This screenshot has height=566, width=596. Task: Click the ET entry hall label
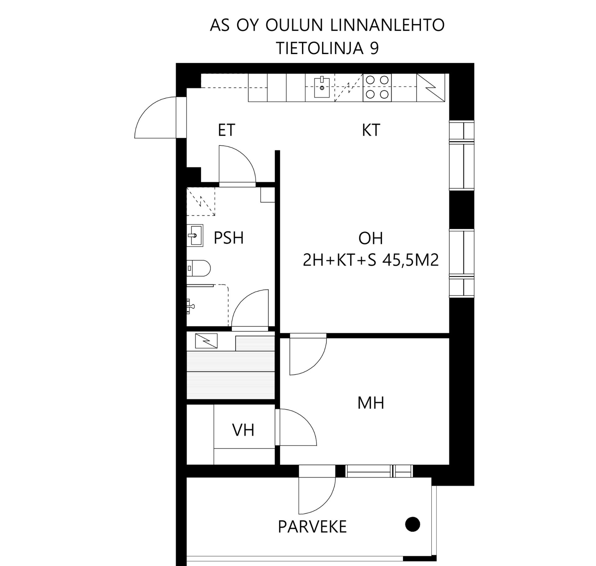226,130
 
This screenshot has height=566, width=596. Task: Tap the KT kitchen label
371,130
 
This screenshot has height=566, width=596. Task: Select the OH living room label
371,238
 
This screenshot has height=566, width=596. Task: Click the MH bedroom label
371,403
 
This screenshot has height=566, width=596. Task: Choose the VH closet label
243,430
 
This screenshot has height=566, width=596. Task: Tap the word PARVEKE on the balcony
312,527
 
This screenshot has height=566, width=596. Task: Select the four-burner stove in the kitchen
377,87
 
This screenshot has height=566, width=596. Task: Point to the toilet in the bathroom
199,268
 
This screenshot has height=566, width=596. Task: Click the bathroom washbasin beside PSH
195,235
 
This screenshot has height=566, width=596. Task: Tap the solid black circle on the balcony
413,524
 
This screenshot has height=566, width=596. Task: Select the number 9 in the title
374,48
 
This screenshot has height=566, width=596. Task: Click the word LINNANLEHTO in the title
387,25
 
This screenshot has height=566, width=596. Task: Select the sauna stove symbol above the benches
206,341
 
